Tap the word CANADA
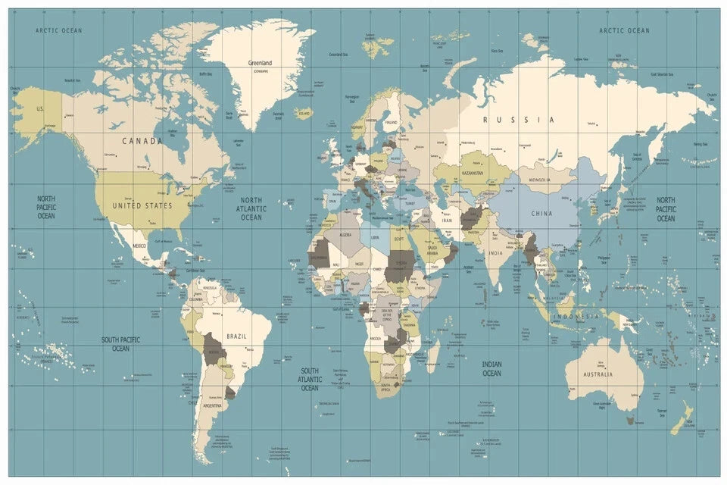142,141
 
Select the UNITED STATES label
142,205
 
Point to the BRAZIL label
236,336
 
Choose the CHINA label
541,214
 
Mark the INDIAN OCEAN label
491,368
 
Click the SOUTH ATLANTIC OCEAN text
309,380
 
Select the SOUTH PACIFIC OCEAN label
121,344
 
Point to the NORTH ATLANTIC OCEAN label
251,208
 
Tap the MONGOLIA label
539,180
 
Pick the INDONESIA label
576,316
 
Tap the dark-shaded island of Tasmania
629,418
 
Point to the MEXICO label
139,246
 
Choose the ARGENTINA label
212,405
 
